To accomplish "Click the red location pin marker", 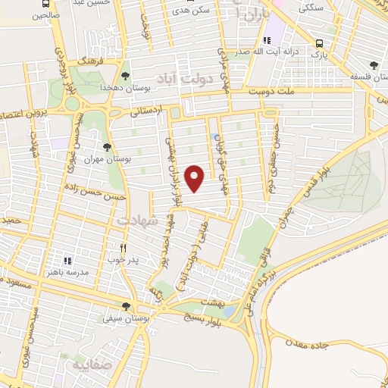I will pos(196,178).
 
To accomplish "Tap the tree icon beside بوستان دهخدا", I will pos(125,75).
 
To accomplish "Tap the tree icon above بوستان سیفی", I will pos(126,306).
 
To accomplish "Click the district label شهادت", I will pos(136,220).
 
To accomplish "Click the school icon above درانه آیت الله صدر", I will pos(266,40).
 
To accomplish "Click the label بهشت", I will pos(214,302).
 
